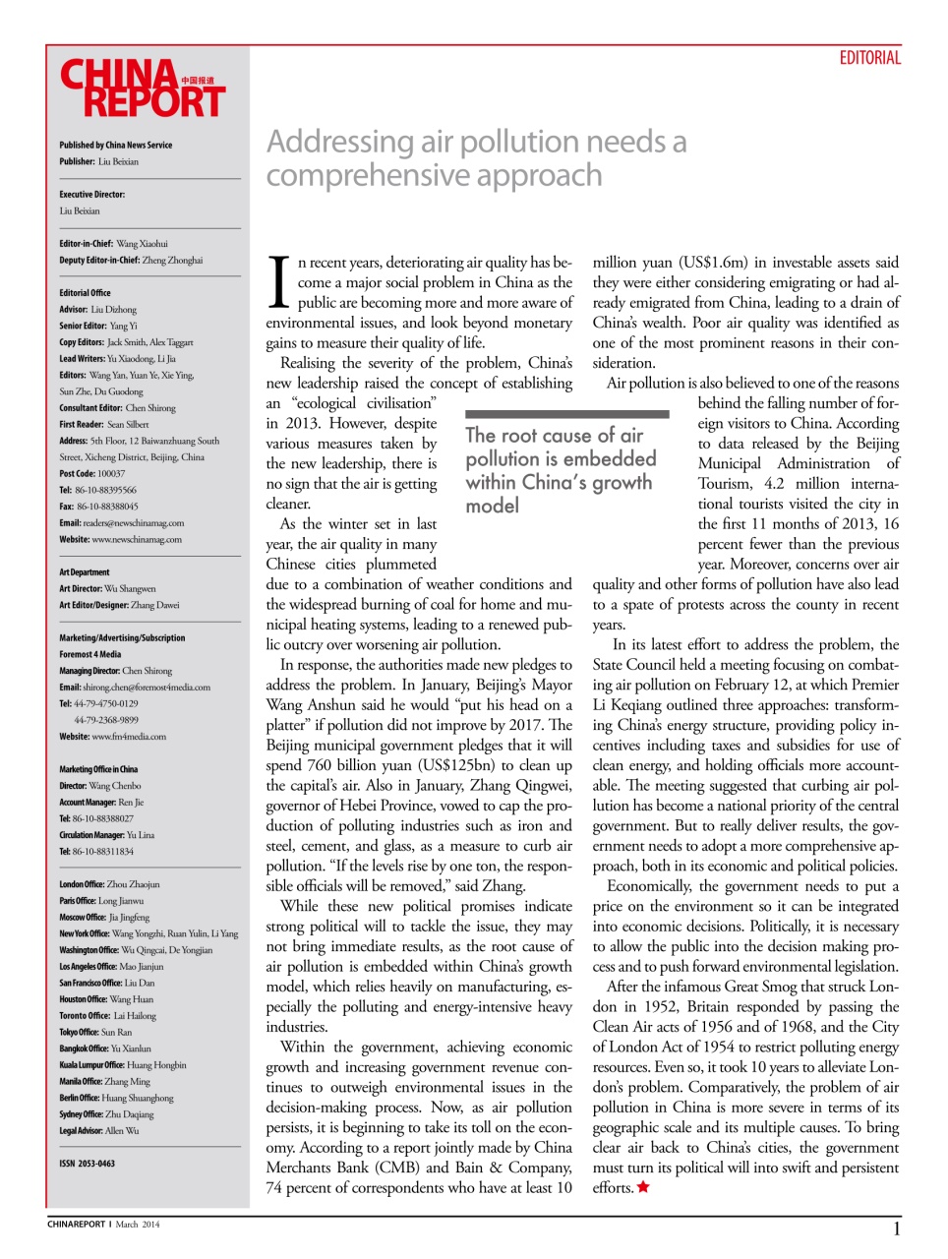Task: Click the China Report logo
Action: pyautogui.click(x=143, y=90)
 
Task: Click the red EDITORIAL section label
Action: pyautogui.click(x=869, y=58)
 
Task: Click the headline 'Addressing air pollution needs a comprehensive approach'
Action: pyautogui.click(x=476, y=158)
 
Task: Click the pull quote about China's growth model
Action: pyautogui.click(x=561, y=470)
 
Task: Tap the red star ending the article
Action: pyautogui.click(x=643, y=1187)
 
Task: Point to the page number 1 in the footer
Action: pyautogui.click(x=896, y=1229)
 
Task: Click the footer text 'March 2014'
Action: pyautogui.click(x=137, y=1225)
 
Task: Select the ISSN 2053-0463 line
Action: pyautogui.click(x=87, y=1164)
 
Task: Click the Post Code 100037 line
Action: pyautogui.click(x=92, y=473)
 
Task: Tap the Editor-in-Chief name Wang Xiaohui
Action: pyautogui.click(x=142, y=244)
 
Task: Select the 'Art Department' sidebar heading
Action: pyautogui.click(x=85, y=571)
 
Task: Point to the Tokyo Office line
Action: pyautogui.click(x=95, y=1032)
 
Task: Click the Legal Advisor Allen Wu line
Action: pyautogui.click(x=98, y=1130)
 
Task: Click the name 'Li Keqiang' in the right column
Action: pyautogui.click(x=628, y=705)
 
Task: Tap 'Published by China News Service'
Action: pyautogui.click(x=115, y=145)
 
